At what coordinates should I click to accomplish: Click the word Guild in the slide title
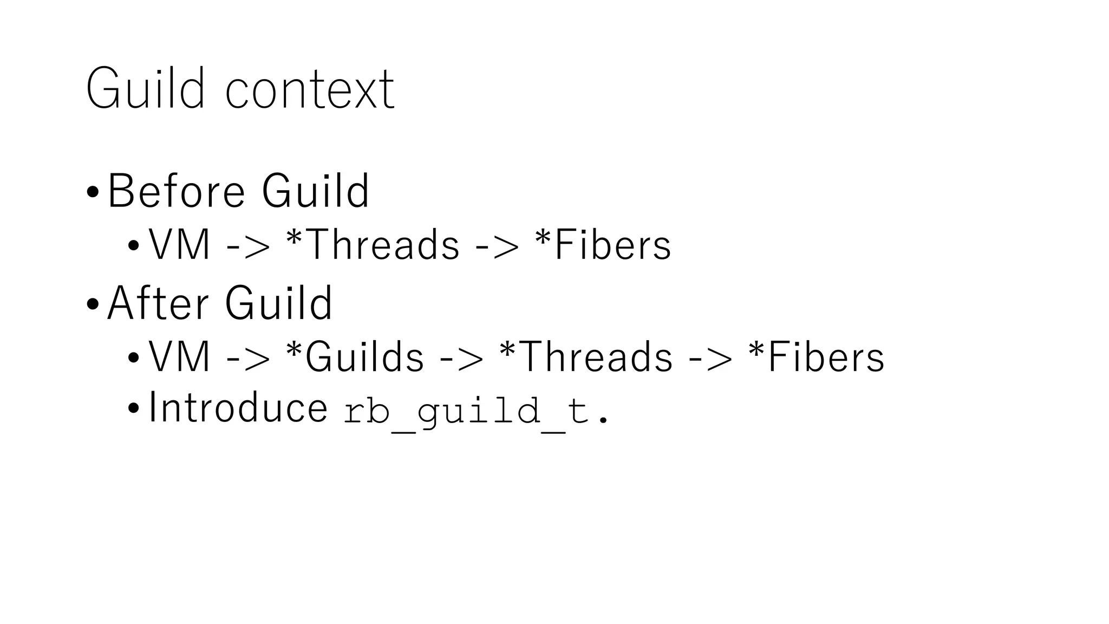(x=145, y=88)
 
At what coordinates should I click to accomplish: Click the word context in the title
(x=310, y=90)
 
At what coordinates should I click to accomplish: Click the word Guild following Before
(x=315, y=191)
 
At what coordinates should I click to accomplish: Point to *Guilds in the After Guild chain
(x=355, y=356)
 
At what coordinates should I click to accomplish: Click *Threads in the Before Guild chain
(x=373, y=245)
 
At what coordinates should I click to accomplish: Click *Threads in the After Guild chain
(x=586, y=356)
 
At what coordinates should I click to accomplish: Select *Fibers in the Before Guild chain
(x=602, y=245)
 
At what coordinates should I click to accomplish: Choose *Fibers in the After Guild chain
(x=816, y=356)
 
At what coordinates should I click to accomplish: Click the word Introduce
(x=238, y=407)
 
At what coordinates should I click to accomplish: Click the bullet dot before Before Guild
(x=93, y=192)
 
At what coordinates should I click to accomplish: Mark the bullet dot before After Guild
(x=93, y=303)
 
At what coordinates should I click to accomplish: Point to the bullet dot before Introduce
(x=133, y=408)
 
